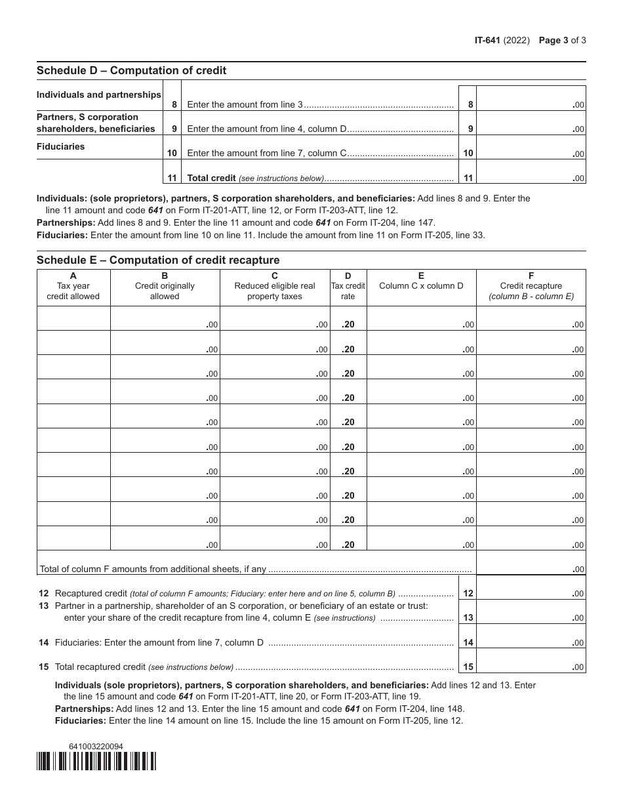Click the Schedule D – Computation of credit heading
131,70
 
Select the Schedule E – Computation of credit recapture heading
158,260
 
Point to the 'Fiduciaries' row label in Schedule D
61,146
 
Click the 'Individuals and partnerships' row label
99,94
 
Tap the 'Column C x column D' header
421,285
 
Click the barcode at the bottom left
96,761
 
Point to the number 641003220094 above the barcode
96,747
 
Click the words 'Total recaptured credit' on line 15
100,667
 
